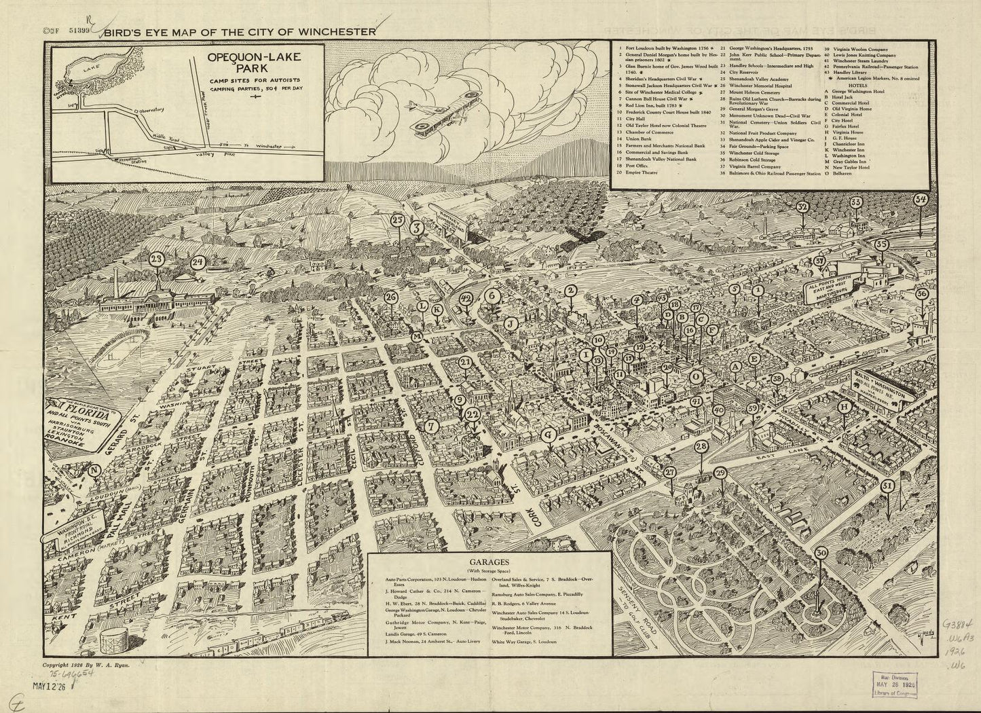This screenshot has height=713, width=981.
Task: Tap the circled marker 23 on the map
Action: tap(158, 259)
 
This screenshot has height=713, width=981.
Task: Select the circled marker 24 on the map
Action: tap(198, 261)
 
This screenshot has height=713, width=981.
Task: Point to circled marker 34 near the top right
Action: tap(921, 200)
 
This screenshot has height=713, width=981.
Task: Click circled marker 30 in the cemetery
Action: tap(821, 553)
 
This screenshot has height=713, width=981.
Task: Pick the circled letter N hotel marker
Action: tap(94, 469)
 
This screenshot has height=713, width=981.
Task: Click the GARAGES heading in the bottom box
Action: tap(486, 562)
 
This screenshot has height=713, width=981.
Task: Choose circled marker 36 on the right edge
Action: tap(921, 293)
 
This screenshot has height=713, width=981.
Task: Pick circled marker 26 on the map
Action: tap(390, 297)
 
